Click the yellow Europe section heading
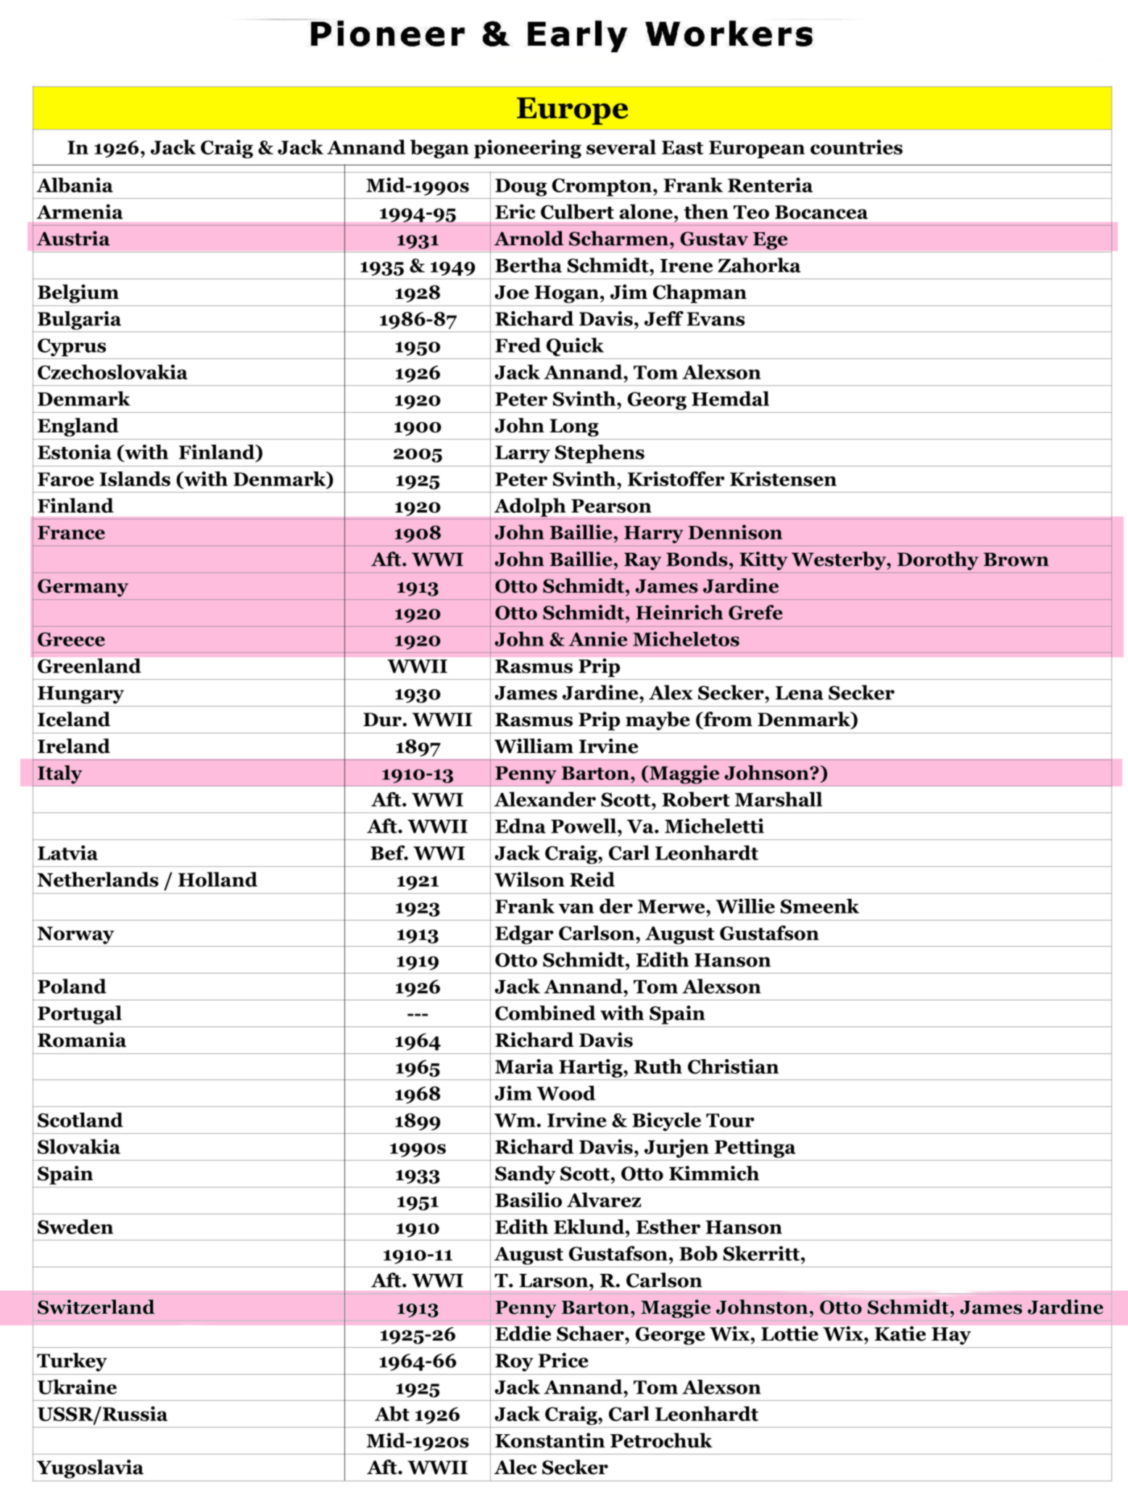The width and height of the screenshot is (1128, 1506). click(x=571, y=109)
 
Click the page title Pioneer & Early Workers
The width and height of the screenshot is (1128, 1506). click(x=561, y=35)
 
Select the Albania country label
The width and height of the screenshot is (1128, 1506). click(x=75, y=186)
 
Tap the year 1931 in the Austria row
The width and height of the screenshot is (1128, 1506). click(x=417, y=239)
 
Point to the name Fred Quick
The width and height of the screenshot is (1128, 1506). click(x=549, y=346)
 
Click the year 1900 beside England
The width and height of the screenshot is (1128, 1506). click(x=417, y=427)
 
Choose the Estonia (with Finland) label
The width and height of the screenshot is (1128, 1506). click(x=150, y=453)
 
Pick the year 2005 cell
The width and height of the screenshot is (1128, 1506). click(x=417, y=453)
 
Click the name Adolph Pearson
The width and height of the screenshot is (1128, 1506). click(x=573, y=506)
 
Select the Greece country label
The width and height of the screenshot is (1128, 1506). click(x=71, y=640)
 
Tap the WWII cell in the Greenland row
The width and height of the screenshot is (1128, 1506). click(x=417, y=667)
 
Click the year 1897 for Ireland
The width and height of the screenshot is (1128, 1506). click(x=417, y=747)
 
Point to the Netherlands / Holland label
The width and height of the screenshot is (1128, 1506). click(x=147, y=880)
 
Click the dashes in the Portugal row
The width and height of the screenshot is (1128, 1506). click(x=417, y=1014)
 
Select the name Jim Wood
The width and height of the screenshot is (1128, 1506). click(x=544, y=1094)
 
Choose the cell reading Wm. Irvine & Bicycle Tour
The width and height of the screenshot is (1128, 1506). click(x=624, y=1121)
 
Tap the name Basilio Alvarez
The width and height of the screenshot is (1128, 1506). click(x=568, y=1201)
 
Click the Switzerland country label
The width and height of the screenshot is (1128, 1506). click(x=96, y=1308)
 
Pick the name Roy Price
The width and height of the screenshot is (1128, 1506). click(x=542, y=1361)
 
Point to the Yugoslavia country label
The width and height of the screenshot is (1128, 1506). click(x=90, y=1468)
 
